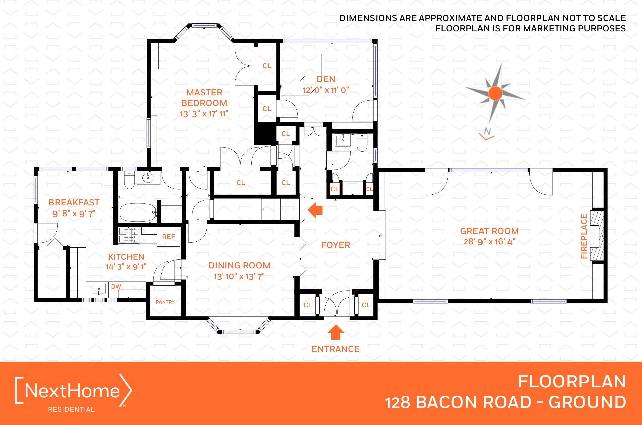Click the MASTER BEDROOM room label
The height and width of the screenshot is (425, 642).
(x=204, y=98)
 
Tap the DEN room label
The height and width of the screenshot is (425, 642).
(x=326, y=79)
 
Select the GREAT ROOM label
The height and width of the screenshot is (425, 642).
(x=490, y=231)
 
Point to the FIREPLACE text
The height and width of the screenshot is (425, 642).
(x=584, y=236)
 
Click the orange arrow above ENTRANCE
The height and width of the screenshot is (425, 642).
(x=336, y=332)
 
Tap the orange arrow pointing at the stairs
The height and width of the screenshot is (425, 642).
(x=315, y=210)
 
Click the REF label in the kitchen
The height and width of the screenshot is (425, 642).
(x=169, y=237)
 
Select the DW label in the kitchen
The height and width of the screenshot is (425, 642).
(x=116, y=286)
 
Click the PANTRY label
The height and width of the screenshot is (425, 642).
(x=165, y=302)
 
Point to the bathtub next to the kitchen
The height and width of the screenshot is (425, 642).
(x=138, y=212)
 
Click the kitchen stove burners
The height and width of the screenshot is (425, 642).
(x=129, y=235)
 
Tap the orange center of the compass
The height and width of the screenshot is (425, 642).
(x=495, y=93)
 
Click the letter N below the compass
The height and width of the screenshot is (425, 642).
(x=487, y=131)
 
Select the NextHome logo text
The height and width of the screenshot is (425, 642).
(x=73, y=390)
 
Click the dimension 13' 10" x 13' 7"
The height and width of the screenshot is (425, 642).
(x=239, y=276)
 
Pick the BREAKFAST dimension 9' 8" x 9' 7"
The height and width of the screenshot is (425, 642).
(x=74, y=213)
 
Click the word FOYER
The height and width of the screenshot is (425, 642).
(x=336, y=245)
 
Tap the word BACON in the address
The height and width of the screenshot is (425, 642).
(x=446, y=402)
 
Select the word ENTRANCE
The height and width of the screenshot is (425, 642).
(x=336, y=349)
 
